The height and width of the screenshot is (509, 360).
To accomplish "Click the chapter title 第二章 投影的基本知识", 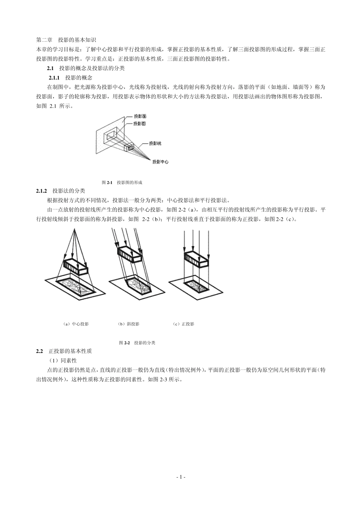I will coord(66,40).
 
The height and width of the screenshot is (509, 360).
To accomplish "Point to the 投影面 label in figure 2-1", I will coord(140,116).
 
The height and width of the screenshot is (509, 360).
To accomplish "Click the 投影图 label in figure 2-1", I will coord(140,123).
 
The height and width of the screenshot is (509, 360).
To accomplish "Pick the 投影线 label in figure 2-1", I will coord(155,144).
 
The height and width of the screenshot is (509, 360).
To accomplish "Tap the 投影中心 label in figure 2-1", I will coord(160,162).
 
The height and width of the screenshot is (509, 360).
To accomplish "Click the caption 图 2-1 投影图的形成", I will coord(122,183).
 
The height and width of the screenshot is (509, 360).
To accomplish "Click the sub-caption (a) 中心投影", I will coord(76,324).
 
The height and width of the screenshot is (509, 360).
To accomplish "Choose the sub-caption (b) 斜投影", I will coord(129,324).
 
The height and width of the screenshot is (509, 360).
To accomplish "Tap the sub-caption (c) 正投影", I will coord(183,324).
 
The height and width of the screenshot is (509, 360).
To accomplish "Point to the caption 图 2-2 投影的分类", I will coord(137,343).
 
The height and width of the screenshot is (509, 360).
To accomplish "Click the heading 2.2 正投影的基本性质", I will coord(64,351).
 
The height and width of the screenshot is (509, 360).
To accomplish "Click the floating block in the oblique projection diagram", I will coord(130,254).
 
